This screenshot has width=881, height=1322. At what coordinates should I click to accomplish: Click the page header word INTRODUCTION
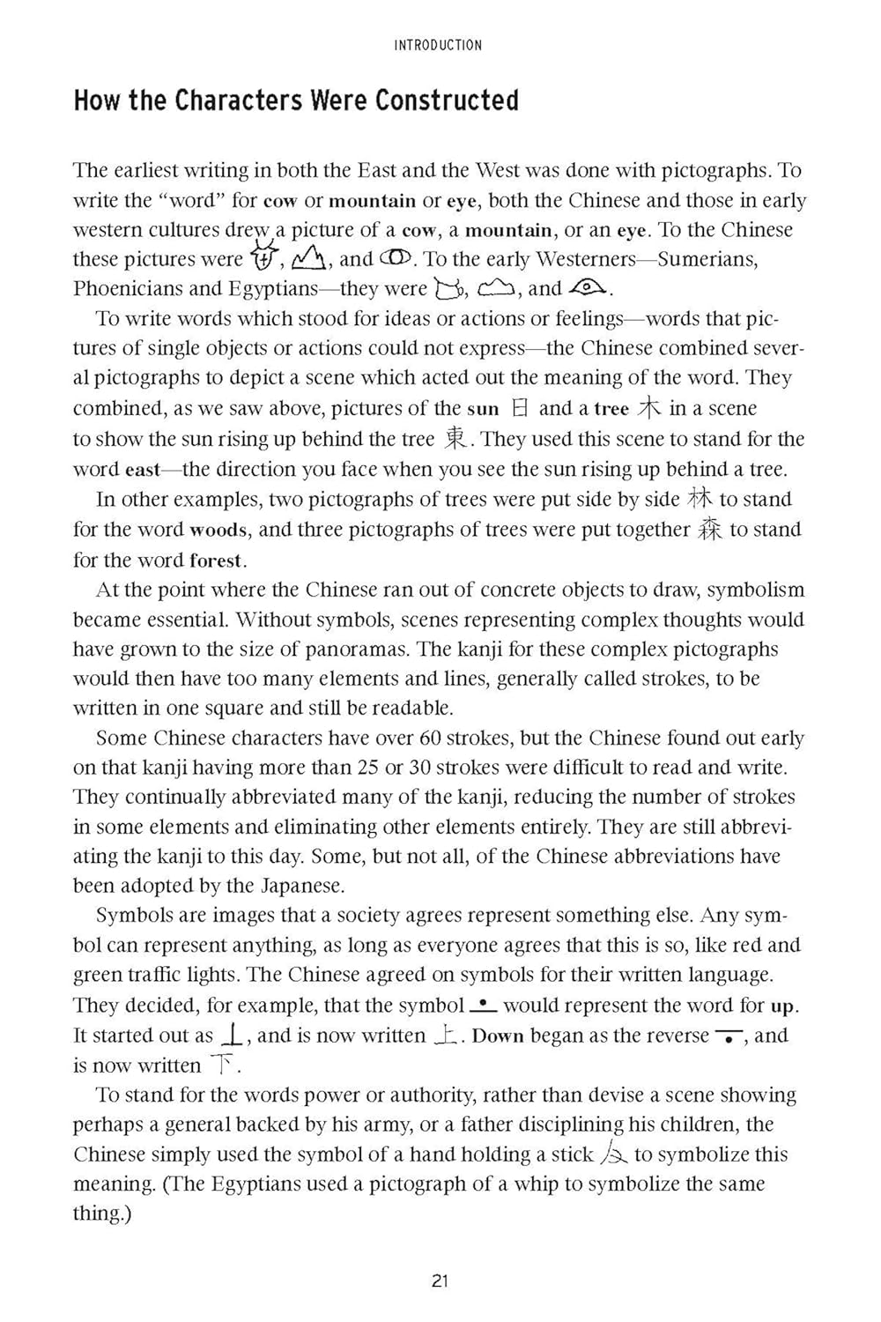439,45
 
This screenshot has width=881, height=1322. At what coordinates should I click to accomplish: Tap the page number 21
440,1281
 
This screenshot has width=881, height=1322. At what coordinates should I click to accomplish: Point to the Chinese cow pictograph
263,257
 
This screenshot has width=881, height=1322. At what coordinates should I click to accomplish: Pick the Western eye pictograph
589,287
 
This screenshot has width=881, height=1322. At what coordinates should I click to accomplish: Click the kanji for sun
521,408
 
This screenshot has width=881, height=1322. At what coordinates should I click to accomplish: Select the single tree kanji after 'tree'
648,408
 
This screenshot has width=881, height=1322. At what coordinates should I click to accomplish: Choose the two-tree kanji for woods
699,499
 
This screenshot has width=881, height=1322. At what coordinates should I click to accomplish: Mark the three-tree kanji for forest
710,529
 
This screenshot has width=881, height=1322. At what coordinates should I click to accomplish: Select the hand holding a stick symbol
613,1154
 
